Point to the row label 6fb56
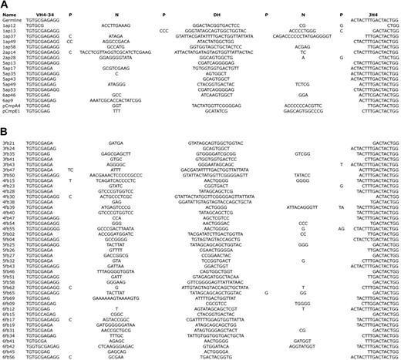click(9, 358)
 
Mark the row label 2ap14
click(9, 52)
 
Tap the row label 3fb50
click(9, 175)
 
